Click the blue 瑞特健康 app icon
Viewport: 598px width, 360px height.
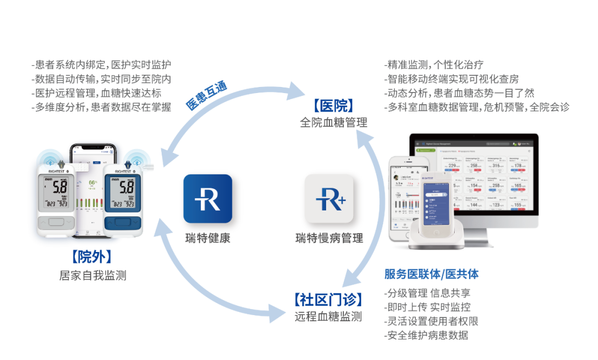(x=208, y=198)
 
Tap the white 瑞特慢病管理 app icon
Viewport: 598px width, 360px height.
(x=329, y=198)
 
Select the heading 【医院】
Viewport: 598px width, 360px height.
(x=333, y=105)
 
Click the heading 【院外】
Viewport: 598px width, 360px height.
(x=92, y=257)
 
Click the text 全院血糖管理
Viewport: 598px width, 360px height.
(x=333, y=122)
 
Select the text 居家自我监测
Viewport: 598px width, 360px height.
(x=92, y=275)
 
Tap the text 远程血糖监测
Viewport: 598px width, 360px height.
(x=328, y=317)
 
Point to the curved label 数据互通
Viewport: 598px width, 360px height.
(x=206, y=96)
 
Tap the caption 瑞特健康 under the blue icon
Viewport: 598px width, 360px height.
(x=208, y=239)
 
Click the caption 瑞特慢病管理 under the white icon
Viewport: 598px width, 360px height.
(x=329, y=239)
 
